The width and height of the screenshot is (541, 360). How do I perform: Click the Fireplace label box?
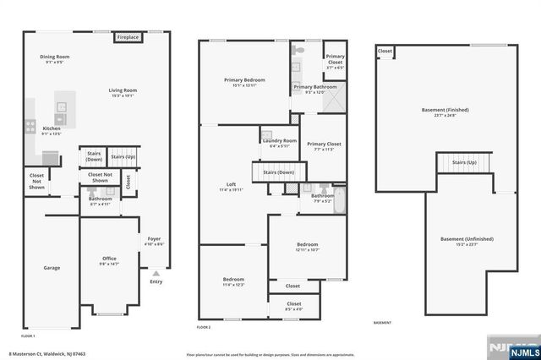pos(128,38)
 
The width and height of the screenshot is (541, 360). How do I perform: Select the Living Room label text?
pos(123,92)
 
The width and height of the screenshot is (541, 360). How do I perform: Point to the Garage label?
pos(52,268)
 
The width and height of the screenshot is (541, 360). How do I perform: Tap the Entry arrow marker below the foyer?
pos(155,274)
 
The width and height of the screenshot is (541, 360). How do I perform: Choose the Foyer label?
pos(155,241)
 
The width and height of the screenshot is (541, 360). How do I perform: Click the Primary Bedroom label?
pos(243,82)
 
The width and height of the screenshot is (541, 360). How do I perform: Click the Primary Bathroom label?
pos(314,88)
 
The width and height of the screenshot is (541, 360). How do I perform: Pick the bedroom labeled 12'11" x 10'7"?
pos(307,247)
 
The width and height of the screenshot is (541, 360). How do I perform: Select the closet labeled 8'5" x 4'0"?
pos(293,305)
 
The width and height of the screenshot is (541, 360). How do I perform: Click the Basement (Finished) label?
pos(445,112)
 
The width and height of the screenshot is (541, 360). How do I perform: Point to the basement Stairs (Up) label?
pos(463,162)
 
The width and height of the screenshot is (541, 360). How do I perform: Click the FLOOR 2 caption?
pos(204,326)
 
